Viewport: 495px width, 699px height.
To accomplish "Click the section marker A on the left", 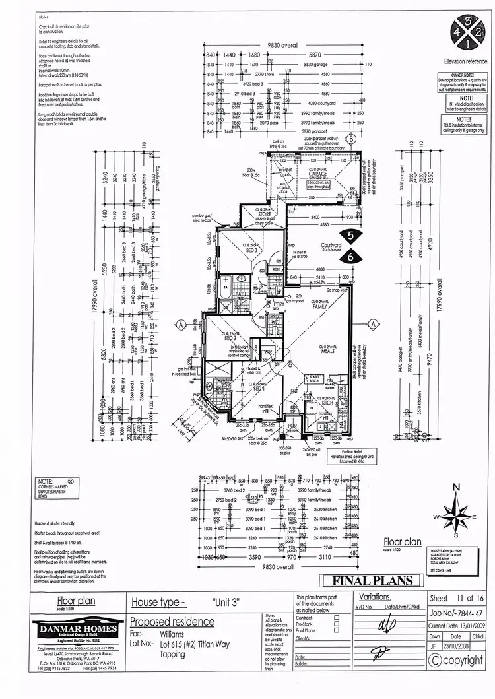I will click(180, 323).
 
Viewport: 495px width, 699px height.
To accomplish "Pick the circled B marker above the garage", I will click(352, 139).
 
